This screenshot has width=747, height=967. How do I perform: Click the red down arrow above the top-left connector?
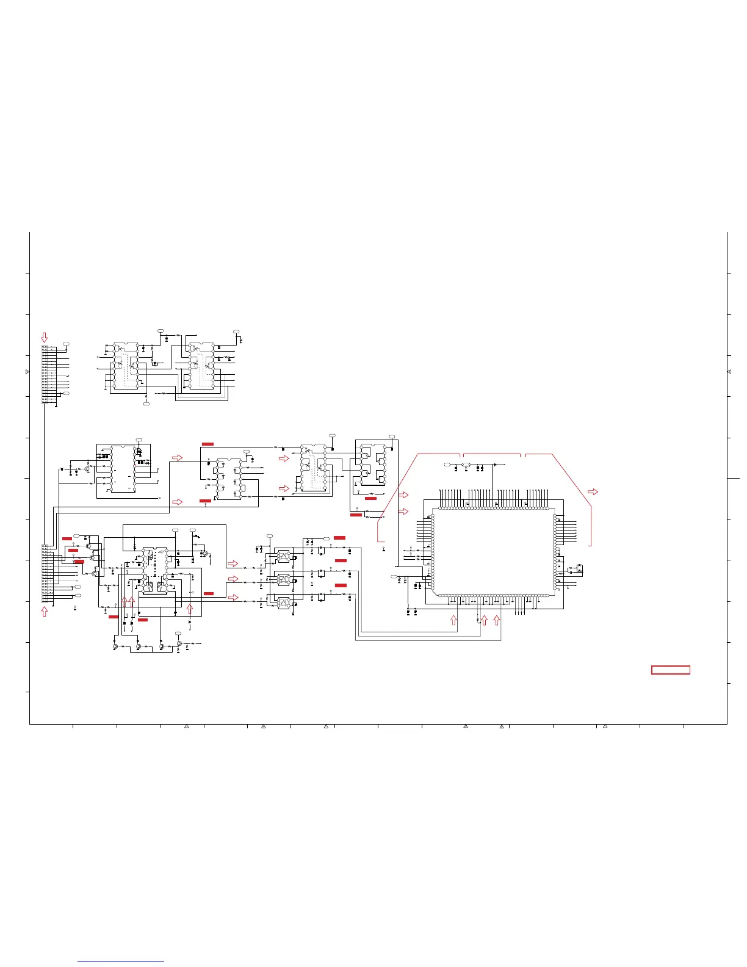coord(44,337)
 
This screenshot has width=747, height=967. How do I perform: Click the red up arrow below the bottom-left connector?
coord(44,612)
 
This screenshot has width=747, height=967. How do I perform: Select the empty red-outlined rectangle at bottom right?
coord(671,670)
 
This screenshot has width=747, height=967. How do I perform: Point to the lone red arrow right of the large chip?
coord(592,491)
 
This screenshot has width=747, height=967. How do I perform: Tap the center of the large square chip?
coord(493,552)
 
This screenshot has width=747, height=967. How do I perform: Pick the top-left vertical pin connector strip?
coord(45,374)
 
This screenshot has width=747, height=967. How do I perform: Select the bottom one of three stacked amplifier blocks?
coord(283,603)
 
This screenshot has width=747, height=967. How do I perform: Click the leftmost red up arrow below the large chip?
coord(453,620)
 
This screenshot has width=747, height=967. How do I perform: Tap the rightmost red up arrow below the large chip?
coord(496,620)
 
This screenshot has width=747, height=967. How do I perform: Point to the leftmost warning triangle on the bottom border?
coord(186,726)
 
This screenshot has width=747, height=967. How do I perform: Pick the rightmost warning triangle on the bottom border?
coord(605,726)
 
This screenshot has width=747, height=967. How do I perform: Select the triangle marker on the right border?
coord(729,372)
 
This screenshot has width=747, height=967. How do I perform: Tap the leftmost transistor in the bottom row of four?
coord(115,646)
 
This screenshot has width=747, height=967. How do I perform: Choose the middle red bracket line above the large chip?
coord(492,455)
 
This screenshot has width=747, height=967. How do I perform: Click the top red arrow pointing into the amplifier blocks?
coord(233,563)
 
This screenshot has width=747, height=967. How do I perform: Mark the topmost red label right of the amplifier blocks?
coord(340,537)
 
